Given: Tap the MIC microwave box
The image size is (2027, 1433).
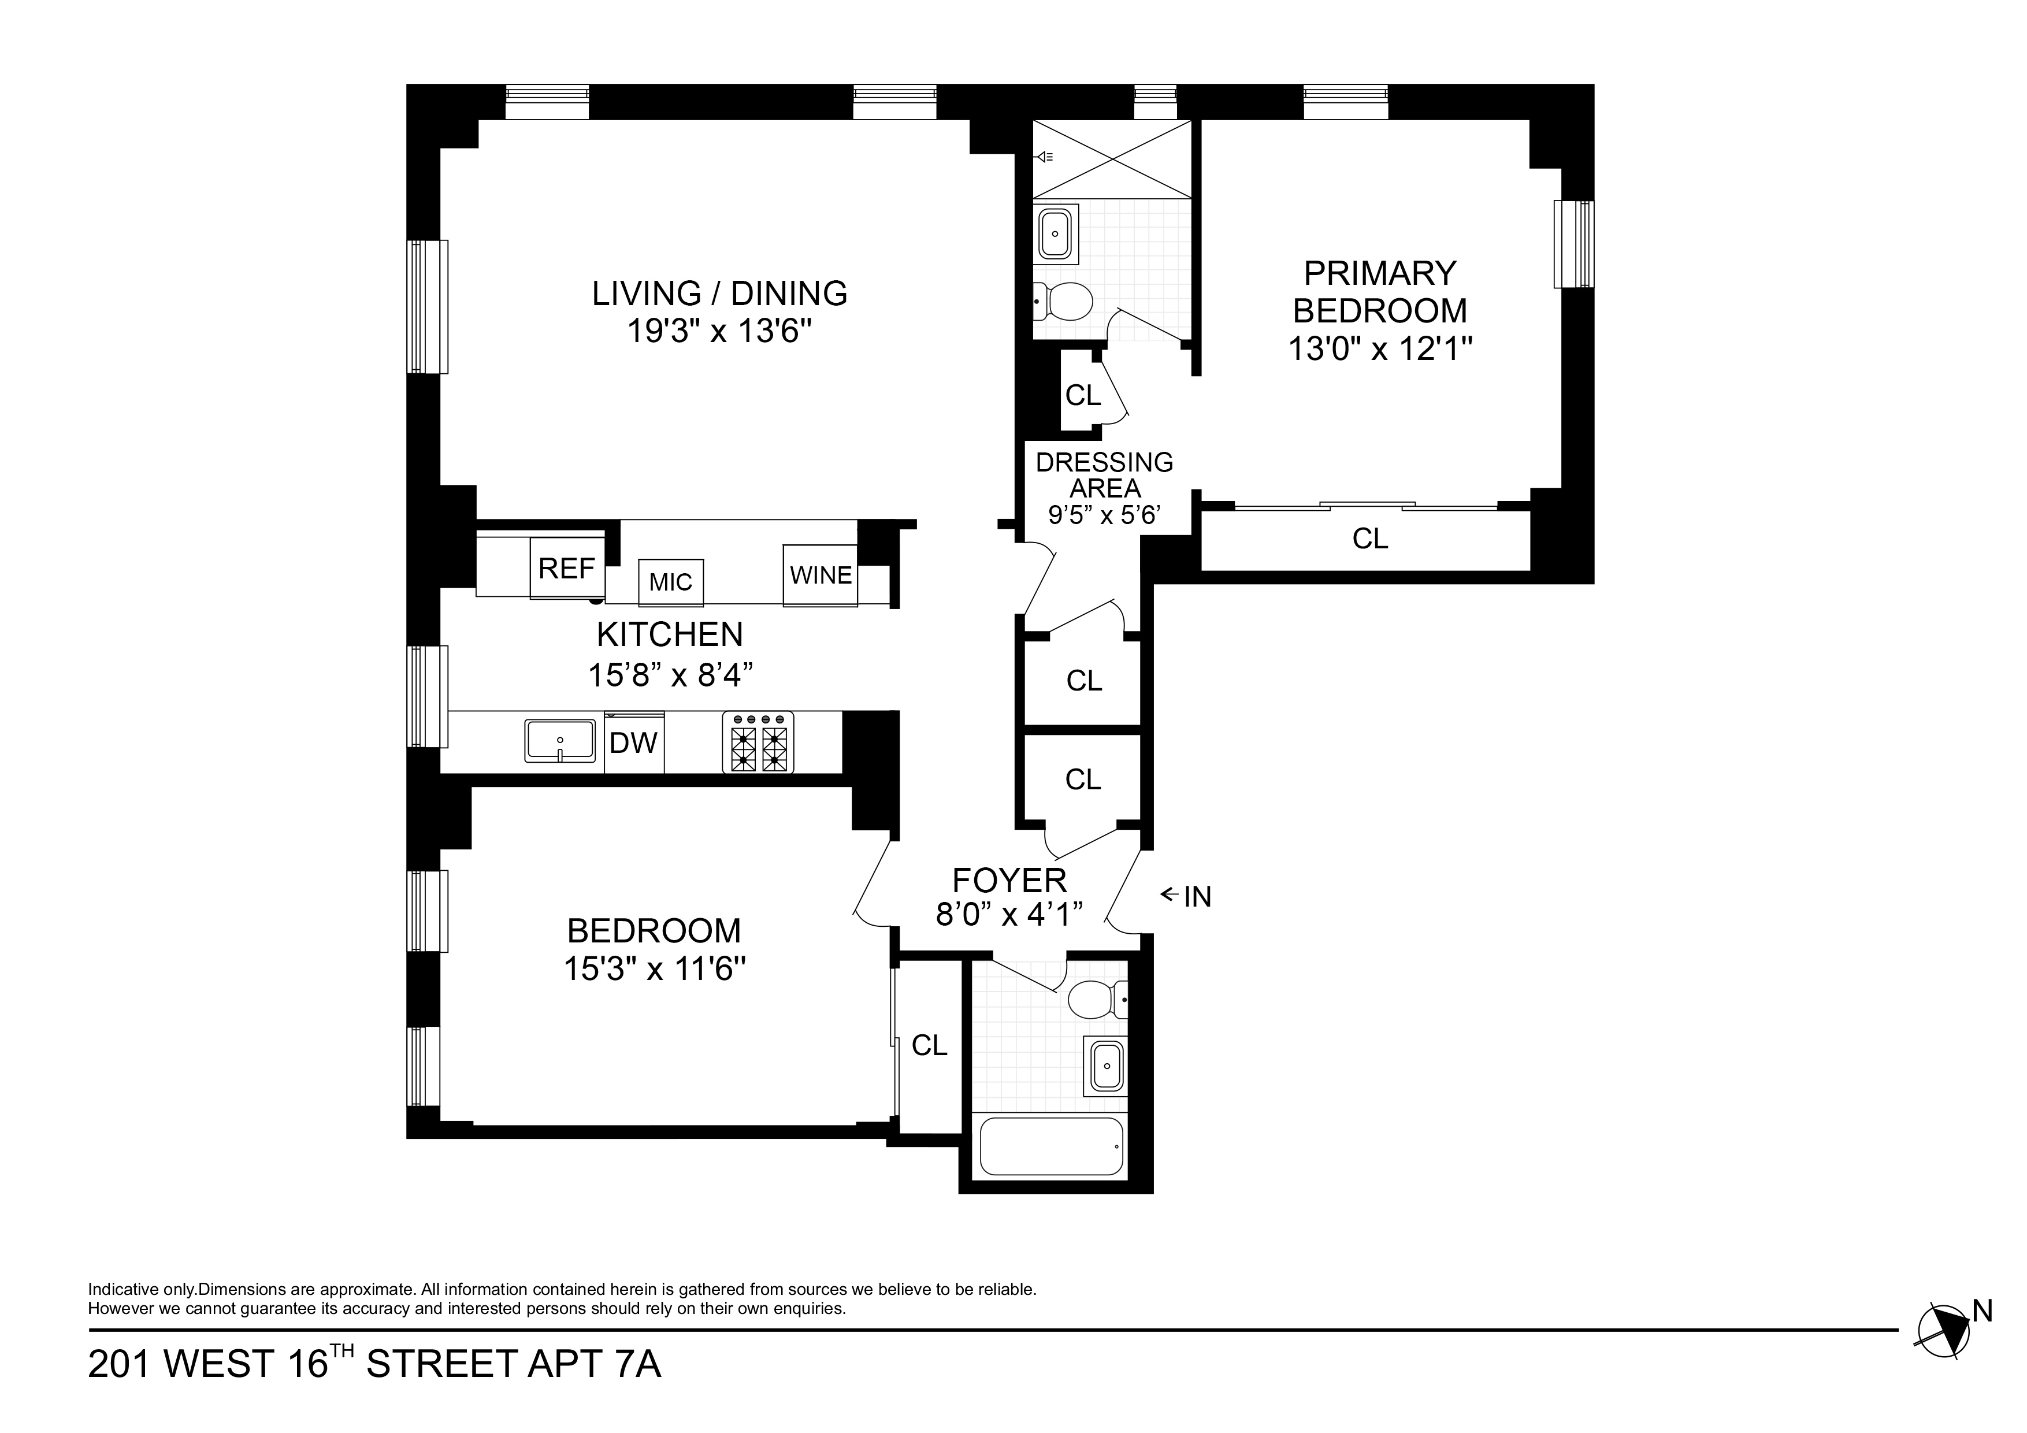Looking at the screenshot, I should (671, 582).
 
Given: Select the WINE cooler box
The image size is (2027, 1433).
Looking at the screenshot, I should (820, 576).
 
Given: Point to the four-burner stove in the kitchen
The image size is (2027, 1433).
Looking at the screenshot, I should (758, 743).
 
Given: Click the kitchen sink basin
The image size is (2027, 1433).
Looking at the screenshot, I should (560, 740).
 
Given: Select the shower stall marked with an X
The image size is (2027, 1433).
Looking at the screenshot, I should (1112, 159).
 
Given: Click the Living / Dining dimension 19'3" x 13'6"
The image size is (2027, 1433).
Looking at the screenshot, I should (719, 331).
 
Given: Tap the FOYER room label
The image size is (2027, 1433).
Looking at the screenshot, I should (1009, 880).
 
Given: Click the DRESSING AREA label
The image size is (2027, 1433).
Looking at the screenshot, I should (1104, 475).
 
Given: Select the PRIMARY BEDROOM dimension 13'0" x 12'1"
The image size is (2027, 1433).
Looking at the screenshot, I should (1380, 349).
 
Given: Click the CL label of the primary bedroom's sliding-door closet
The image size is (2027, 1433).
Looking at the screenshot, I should (1370, 538).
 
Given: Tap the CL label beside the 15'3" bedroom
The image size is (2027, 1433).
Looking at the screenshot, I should (929, 1045).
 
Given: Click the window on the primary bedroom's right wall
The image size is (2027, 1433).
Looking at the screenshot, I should (1573, 244).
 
